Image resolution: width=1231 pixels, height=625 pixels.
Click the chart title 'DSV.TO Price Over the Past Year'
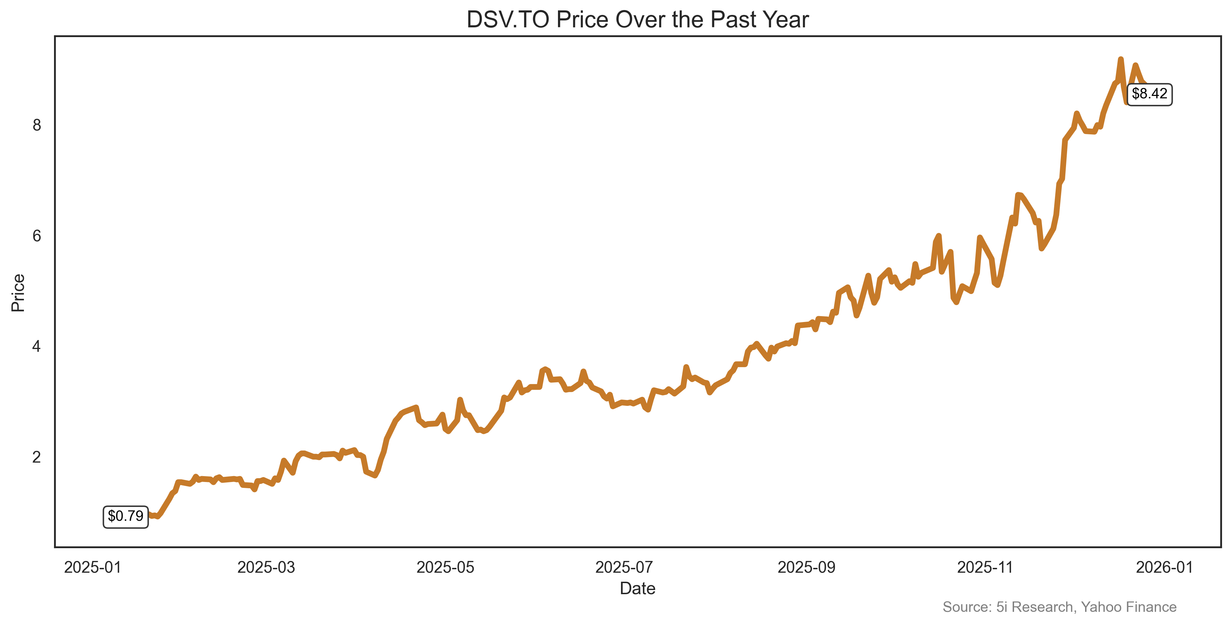coord(637,20)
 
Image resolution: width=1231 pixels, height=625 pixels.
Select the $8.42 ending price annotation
coord(1149,93)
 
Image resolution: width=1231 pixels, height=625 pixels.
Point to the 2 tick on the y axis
coord(37,457)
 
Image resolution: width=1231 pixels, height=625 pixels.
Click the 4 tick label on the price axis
coord(37,347)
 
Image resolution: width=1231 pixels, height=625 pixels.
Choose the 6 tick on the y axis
coord(37,236)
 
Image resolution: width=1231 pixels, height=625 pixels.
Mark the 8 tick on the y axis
coord(37,125)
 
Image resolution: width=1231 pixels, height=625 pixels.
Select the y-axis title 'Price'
coord(18,293)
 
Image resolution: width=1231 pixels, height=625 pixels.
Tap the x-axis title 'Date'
coord(637,589)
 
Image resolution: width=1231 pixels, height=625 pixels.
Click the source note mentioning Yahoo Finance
coord(1059,607)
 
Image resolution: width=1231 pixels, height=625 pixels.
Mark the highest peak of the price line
coord(1120,59)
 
